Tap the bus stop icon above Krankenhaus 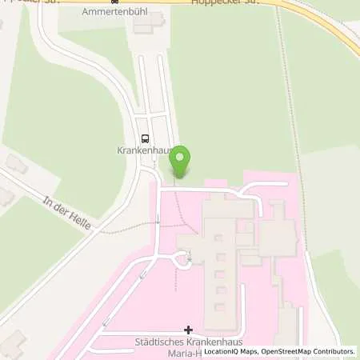tap(145, 137)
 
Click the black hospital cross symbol tap(189, 330)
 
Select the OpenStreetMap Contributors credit tap(308, 351)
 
